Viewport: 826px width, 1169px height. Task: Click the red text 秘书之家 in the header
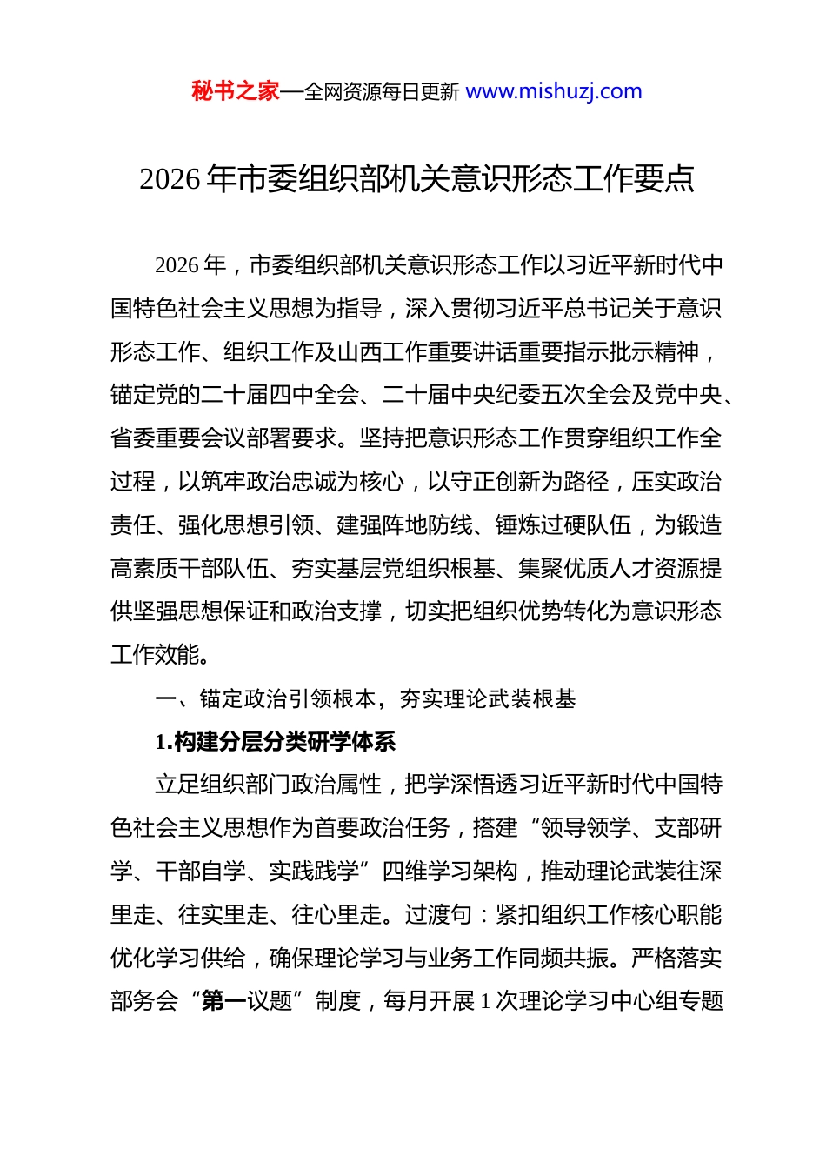pyautogui.click(x=235, y=91)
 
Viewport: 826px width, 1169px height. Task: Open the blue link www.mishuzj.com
pyautogui.click(x=554, y=91)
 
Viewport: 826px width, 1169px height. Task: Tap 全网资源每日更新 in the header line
pyautogui.click(x=382, y=91)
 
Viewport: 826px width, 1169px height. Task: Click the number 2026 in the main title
pyautogui.click(x=170, y=179)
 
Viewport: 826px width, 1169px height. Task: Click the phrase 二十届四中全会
pyautogui.click(x=280, y=396)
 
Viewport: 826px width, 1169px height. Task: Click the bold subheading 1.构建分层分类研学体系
pyautogui.click(x=276, y=742)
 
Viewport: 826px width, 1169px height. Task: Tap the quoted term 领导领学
pyautogui.click(x=586, y=828)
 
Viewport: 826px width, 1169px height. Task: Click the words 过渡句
pyautogui.click(x=438, y=915)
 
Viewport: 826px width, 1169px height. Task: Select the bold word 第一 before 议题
pyautogui.click(x=223, y=1001)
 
